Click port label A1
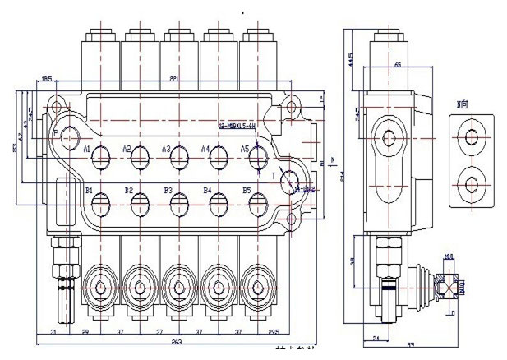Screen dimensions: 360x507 point(86,150)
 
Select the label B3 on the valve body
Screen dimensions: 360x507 point(168,191)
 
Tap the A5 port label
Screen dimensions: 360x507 point(244,149)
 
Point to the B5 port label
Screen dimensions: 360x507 point(246,191)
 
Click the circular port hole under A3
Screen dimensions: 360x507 point(179,156)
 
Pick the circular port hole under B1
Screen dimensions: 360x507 point(101,200)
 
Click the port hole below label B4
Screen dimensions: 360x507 point(219,200)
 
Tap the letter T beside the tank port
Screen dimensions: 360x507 point(272,175)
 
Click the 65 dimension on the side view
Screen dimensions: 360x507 point(398,64)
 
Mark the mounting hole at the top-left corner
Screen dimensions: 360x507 point(57,105)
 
